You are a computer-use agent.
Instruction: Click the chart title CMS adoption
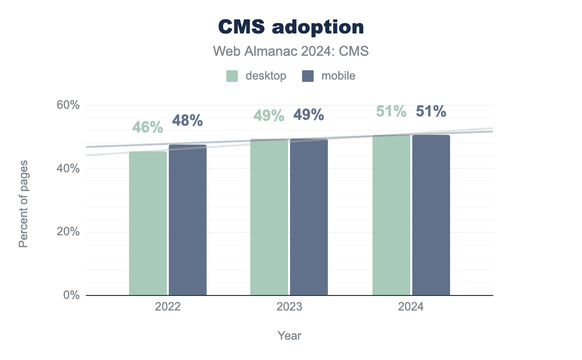(x=291, y=27)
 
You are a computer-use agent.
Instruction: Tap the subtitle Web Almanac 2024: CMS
(x=291, y=51)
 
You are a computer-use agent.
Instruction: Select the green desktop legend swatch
(x=232, y=76)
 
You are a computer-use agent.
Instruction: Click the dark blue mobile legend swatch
(x=308, y=76)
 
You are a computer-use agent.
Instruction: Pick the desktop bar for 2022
(x=148, y=223)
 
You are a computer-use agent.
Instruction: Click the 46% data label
(x=148, y=128)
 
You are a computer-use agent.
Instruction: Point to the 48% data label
(x=188, y=121)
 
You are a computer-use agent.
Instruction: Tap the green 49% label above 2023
(x=269, y=115)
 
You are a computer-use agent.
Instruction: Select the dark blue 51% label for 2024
(x=431, y=112)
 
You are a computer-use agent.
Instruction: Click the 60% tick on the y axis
(x=68, y=105)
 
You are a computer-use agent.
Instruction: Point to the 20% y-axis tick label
(x=68, y=232)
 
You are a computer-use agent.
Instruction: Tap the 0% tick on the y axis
(x=71, y=295)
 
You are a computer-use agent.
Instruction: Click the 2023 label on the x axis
(x=290, y=307)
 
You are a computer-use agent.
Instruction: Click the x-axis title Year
(x=290, y=335)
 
